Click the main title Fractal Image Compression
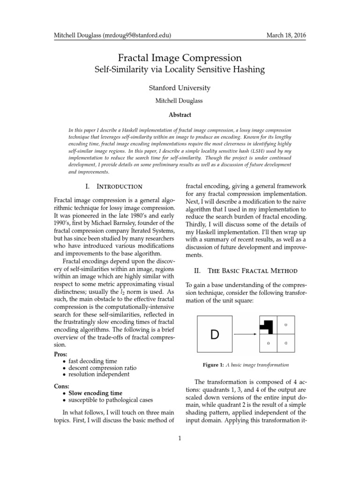(180, 58)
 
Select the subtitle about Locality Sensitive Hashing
(180, 70)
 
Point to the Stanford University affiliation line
(180, 88)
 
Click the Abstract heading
(180, 114)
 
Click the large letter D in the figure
(214, 334)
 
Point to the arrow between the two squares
(245, 334)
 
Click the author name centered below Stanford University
(180, 101)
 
